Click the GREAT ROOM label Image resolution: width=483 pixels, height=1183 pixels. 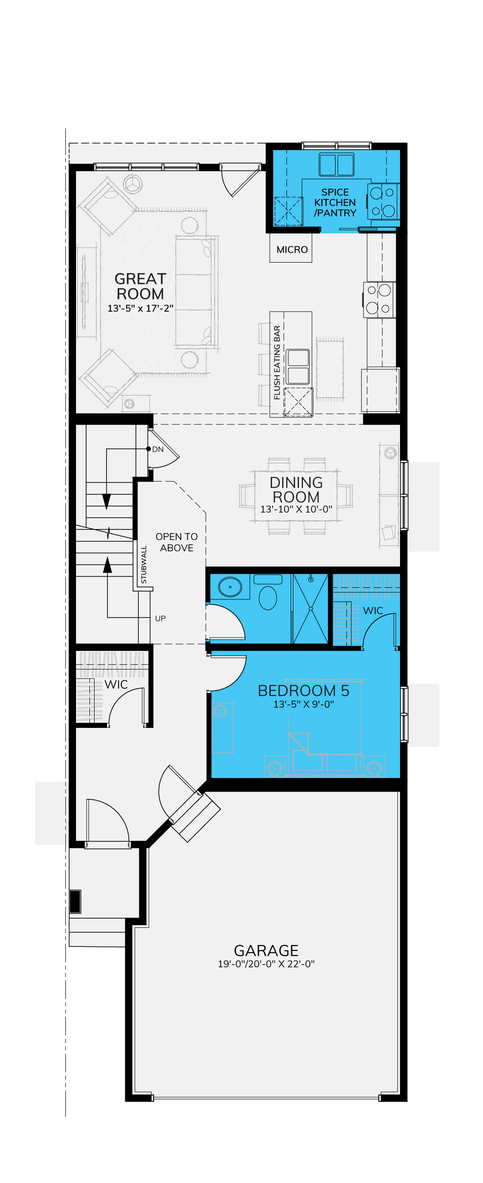pyautogui.click(x=140, y=286)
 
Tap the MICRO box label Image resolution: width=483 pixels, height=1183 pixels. pyautogui.click(x=292, y=250)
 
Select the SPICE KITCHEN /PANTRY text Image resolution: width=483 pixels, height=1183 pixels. pyautogui.click(x=335, y=203)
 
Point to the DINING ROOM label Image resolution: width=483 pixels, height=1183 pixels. pyautogui.click(x=296, y=489)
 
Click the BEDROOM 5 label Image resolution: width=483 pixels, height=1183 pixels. pyautogui.click(x=304, y=691)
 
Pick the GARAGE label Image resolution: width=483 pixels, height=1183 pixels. pyautogui.click(x=266, y=951)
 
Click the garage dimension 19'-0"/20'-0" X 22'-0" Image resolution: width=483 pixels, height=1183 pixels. pyautogui.click(x=266, y=964)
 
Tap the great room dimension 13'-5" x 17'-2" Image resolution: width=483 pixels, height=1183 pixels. pyautogui.click(x=140, y=309)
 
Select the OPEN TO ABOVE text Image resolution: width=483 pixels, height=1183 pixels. pyautogui.click(x=177, y=542)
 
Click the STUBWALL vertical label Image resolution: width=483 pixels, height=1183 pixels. pyautogui.click(x=144, y=565)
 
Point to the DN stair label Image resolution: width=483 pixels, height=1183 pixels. pyautogui.click(x=158, y=450)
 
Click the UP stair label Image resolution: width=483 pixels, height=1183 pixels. pyautogui.click(x=160, y=618)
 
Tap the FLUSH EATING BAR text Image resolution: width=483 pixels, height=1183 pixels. pyautogui.click(x=277, y=363)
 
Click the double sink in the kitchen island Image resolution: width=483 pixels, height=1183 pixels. pyautogui.click(x=298, y=366)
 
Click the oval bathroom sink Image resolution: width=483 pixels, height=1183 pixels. pyautogui.click(x=230, y=587)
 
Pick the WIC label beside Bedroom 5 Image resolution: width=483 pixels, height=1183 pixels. pyautogui.click(x=373, y=611)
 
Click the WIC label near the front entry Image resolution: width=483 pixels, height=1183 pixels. pyautogui.click(x=116, y=685)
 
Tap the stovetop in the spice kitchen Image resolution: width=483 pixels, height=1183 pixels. pyautogui.click(x=382, y=202)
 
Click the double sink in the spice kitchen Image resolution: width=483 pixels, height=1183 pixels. pyautogui.click(x=337, y=165)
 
